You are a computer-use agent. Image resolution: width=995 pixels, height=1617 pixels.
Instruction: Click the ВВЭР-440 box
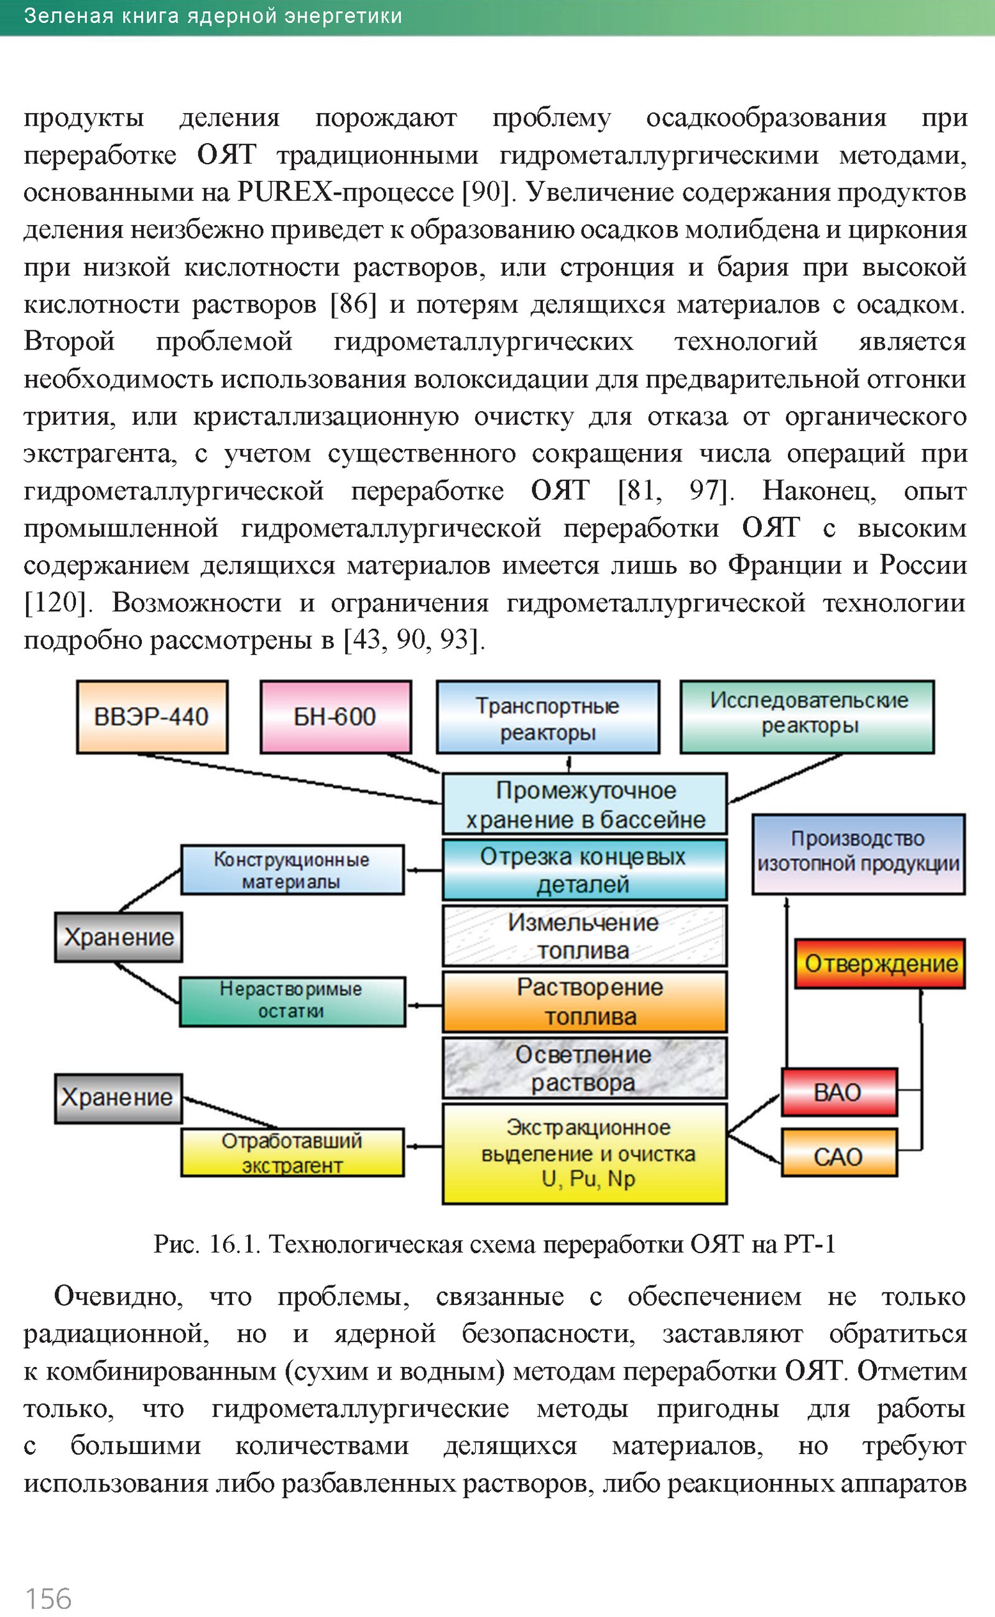[x=152, y=716]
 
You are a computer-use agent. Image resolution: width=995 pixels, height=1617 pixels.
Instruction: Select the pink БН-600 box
[x=336, y=716]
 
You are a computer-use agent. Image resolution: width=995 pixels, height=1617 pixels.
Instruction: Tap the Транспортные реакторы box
[x=547, y=717]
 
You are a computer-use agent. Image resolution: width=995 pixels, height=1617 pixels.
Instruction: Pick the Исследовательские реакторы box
[x=807, y=716]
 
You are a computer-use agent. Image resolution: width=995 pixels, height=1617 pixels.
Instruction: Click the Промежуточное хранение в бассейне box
[x=585, y=804]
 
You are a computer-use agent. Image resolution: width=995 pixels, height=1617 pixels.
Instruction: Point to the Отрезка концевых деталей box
[x=585, y=869]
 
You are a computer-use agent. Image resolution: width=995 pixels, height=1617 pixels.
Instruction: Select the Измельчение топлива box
[x=585, y=935]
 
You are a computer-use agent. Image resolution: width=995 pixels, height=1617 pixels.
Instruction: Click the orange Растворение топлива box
[x=585, y=1002]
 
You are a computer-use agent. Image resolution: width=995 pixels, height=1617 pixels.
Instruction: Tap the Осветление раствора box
[x=585, y=1067]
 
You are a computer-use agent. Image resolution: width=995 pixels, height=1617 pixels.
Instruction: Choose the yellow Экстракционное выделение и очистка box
[x=585, y=1154]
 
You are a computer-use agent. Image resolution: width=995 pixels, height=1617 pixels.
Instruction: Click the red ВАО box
[x=839, y=1093]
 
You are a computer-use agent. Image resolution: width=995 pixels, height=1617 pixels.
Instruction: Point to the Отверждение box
[x=881, y=963]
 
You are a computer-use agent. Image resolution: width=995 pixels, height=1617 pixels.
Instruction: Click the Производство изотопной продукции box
[x=859, y=853]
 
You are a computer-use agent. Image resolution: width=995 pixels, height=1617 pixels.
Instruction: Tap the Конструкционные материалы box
[x=292, y=869]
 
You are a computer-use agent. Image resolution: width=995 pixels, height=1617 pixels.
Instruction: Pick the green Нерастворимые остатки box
[x=292, y=1001]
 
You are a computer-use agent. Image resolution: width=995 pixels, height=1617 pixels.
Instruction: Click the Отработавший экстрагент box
[x=292, y=1152]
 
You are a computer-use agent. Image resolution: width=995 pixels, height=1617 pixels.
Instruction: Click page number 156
[x=48, y=1598]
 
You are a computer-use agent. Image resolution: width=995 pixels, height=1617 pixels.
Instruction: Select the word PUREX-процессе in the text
[x=345, y=192]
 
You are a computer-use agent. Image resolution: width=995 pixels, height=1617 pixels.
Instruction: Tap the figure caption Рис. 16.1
[x=207, y=1244]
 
